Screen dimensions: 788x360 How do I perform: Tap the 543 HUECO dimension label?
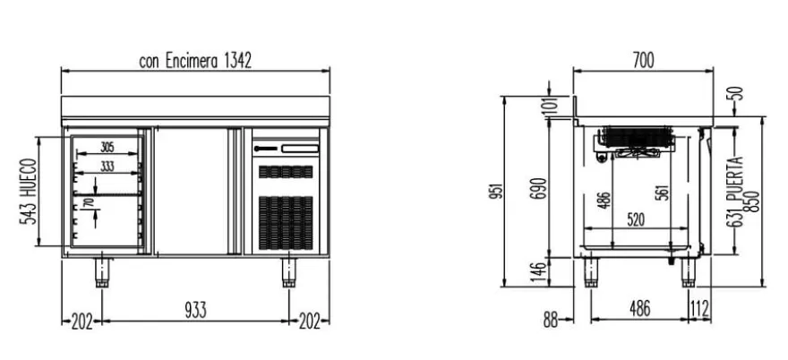pyautogui.click(x=28, y=192)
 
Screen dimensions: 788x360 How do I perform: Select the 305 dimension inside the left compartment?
pyautogui.click(x=107, y=148)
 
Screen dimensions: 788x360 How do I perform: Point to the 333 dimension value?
pyautogui.click(x=107, y=167)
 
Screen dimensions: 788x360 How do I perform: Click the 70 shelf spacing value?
pyautogui.click(x=89, y=203)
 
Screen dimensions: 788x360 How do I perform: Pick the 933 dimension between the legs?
pyautogui.click(x=195, y=310)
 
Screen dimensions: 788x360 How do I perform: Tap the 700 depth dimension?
pyautogui.click(x=643, y=61)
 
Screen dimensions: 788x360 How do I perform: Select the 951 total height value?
pyautogui.click(x=496, y=191)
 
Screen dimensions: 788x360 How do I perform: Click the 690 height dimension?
pyautogui.click(x=539, y=189)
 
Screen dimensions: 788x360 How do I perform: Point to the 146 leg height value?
pyautogui.click(x=539, y=272)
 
